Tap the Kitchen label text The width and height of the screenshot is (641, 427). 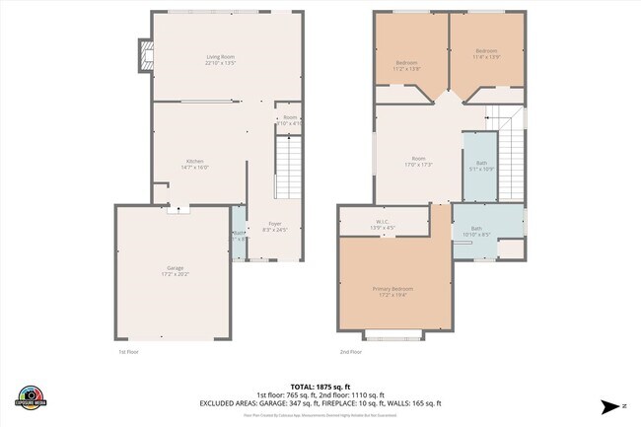point(194,165)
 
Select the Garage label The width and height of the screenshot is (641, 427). point(175,271)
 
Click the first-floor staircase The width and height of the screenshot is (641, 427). point(287,168)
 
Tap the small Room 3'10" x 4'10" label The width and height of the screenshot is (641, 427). point(289,120)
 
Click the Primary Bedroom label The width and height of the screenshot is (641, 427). point(392,291)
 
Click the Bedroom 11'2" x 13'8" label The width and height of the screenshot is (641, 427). point(406,66)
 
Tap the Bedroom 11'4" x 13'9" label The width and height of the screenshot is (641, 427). point(486,53)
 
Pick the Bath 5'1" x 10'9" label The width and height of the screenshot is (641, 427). point(480,166)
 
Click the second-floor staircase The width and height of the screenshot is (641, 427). point(512,158)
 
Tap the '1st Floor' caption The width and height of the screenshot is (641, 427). point(128,352)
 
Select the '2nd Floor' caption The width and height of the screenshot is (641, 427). point(351,352)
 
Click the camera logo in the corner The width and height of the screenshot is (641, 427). point(31,397)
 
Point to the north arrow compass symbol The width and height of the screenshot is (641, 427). point(610,405)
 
